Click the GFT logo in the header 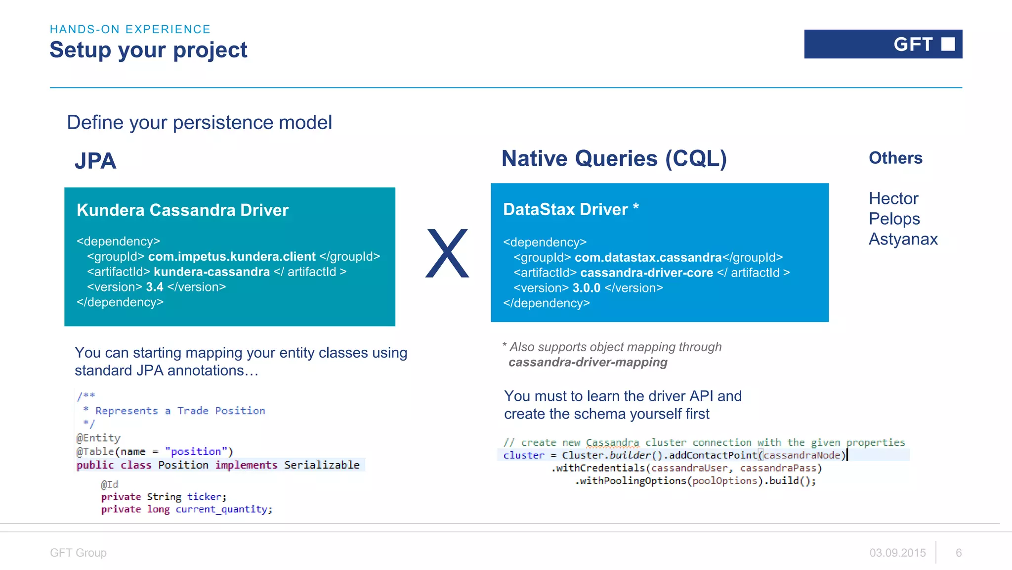click(x=883, y=45)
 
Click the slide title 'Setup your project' click(x=148, y=50)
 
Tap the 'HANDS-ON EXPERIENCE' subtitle click(x=130, y=29)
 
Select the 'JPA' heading click(x=95, y=161)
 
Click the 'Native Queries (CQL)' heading click(x=614, y=159)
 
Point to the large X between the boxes click(x=447, y=253)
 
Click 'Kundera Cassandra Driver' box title click(x=182, y=210)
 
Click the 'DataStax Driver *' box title click(x=571, y=209)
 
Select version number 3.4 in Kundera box click(x=154, y=287)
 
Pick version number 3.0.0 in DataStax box click(x=586, y=288)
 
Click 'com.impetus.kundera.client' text click(x=231, y=256)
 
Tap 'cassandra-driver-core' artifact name click(x=646, y=273)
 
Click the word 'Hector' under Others click(x=893, y=198)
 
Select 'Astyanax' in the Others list click(x=903, y=239)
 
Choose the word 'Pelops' click(x=894, y=219)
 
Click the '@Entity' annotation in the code click(x=98, y=438)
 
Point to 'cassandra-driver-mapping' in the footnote click(x=588, y=363)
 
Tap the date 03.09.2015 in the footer click(x=897, y=553)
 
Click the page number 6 click(x=959, y=553)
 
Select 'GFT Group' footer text click(x=78, y=553)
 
